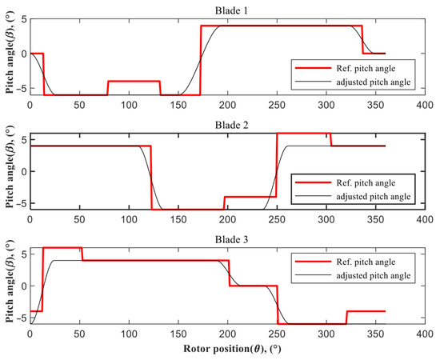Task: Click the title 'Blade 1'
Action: point(228,8)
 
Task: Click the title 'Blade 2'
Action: point(228,124)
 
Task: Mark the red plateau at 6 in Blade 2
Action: point(303,134)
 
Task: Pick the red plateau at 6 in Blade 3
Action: point(61,248)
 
